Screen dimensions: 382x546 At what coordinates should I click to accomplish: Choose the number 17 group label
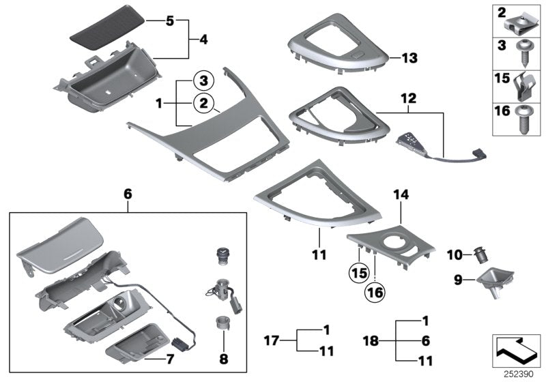pos(272,339)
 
